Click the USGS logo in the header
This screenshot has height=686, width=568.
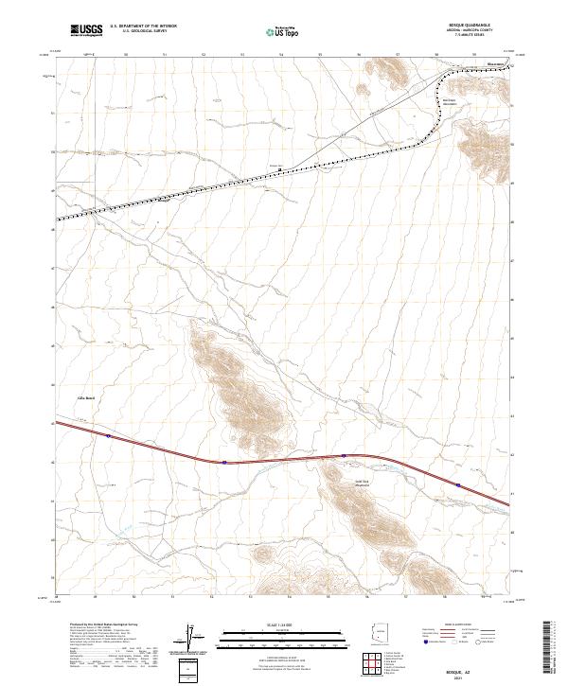[x=85, y=31]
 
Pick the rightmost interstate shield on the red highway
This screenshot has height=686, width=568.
[x=458, y=486]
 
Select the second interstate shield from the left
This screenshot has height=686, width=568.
[x=224, y=463]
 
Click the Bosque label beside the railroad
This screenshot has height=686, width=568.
[x=276, y=167]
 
